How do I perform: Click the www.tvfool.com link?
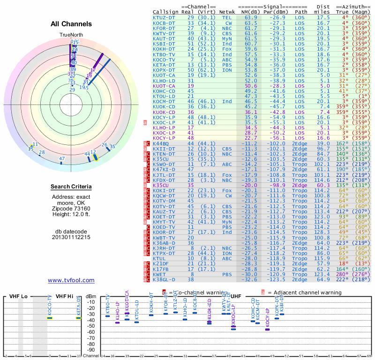[71, 280]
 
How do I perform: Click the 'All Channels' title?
[71, 24]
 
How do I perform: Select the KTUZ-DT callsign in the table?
[164, 17]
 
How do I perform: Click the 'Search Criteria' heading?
[71, 187]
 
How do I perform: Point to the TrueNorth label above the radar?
[71, 35]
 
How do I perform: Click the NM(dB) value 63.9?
[250, 17]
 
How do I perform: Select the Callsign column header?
[165, 11]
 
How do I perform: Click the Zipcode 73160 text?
[71, 208]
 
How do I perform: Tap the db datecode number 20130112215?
[71, 237]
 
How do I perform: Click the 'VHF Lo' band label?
[18, 296]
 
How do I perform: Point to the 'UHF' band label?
[236, 296]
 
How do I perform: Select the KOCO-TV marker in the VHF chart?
[49, 318]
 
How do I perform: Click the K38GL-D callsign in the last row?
[164, 279]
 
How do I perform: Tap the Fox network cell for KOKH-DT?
[227, 48]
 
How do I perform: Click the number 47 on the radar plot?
[62, 159]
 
